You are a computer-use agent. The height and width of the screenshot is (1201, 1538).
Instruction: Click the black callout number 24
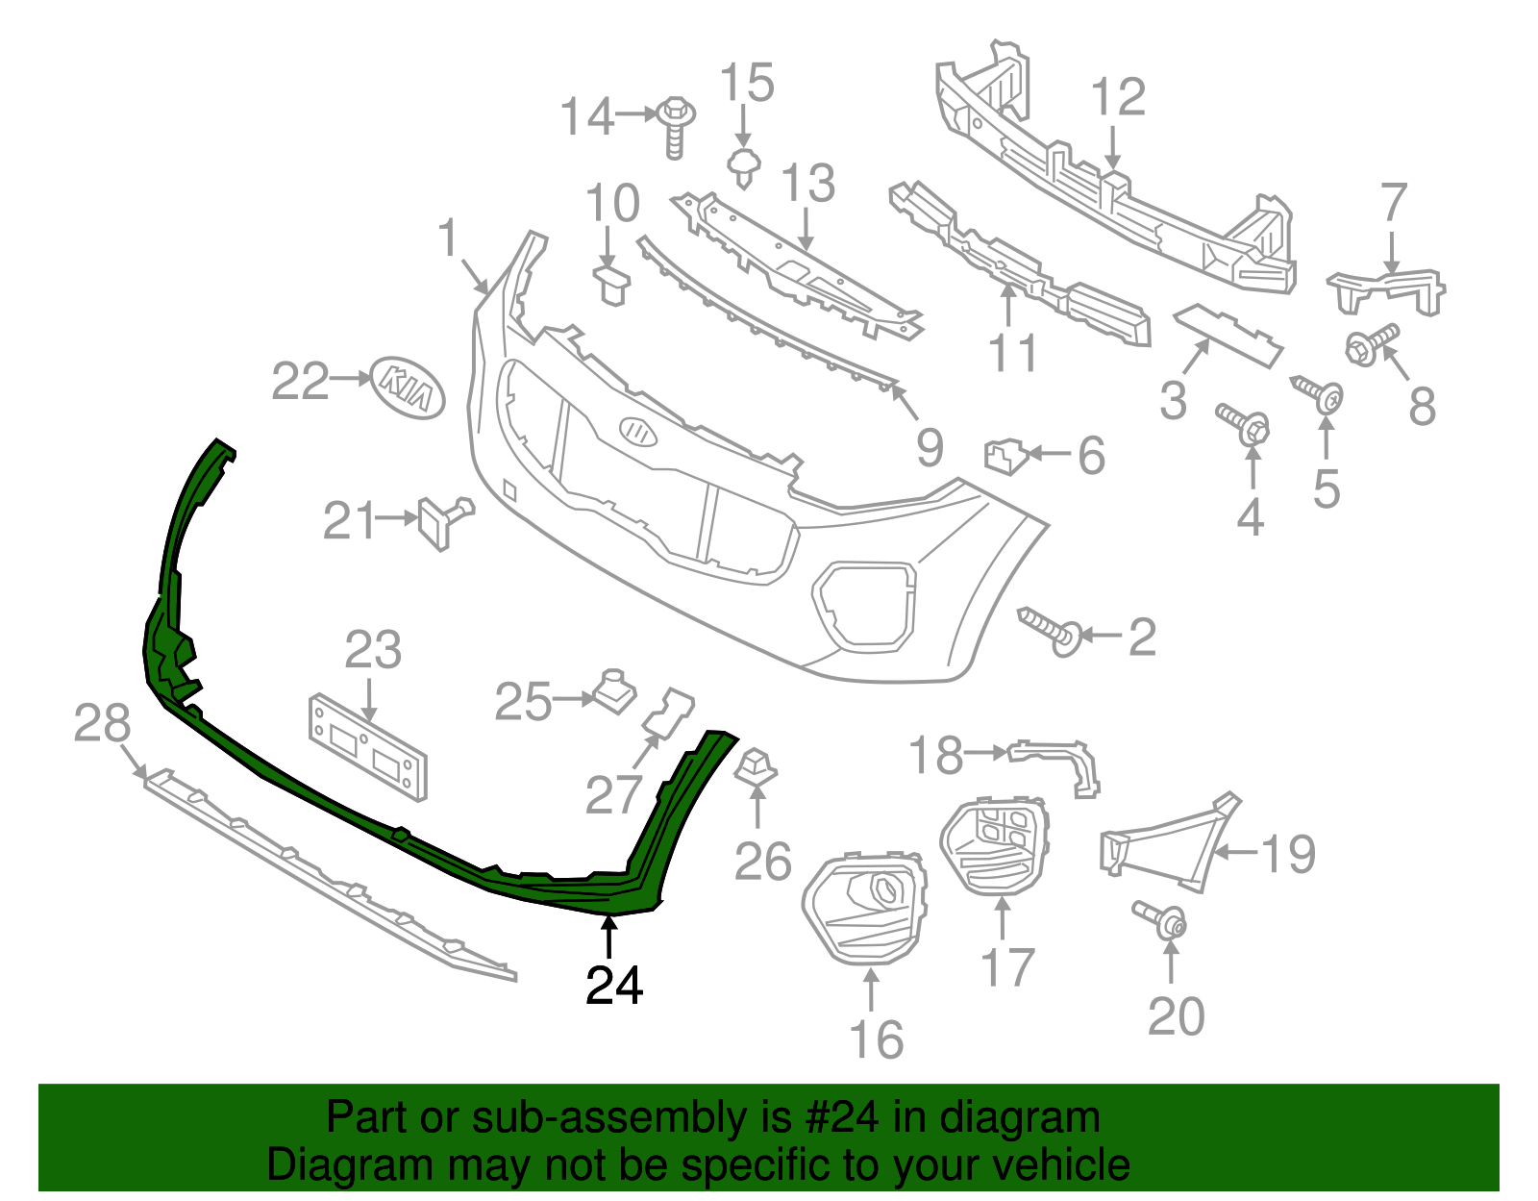pyautogui.click(x=614, y=985)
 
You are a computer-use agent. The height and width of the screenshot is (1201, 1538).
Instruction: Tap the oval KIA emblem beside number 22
pyautogui.click(x=409, y=388)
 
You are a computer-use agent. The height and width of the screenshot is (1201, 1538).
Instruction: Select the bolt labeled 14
pyautogui.click(x=676, y=126)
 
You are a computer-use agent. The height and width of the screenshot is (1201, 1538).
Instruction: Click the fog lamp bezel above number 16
pyautogui.click(x=865, y=906)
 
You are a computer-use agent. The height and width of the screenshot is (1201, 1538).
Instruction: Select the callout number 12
pyautogui.click(x=1118, y=97)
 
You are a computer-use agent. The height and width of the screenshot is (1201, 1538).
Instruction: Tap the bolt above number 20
pyautogui.click(x=1160, y=918)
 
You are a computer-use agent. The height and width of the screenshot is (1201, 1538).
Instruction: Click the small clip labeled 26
pyautogui.click(x=757, y=766)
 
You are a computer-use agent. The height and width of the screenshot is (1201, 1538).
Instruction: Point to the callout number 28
pyautogui.click(x=102, y=723)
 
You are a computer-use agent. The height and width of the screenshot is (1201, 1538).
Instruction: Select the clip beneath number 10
pyautogui.click(x=609, y=285)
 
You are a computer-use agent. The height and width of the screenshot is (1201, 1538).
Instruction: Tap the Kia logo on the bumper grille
pyautogui.click(x=637, y=431)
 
